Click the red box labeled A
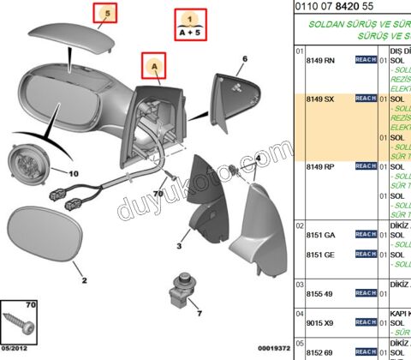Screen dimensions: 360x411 [x=154, y=64]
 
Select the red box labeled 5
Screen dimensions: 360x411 [x=107, y=14]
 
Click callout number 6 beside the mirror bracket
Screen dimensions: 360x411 [x=243, y=59]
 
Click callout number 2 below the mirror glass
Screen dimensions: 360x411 [x=84, y=280]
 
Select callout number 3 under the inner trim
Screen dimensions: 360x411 [x=179, y=246]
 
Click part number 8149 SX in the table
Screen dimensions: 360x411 [x=320, y=100]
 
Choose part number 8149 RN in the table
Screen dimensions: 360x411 [x=320, y=62]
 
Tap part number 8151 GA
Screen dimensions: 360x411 [x=320, y=234]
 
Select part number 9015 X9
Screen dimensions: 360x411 [x=320, y=324]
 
